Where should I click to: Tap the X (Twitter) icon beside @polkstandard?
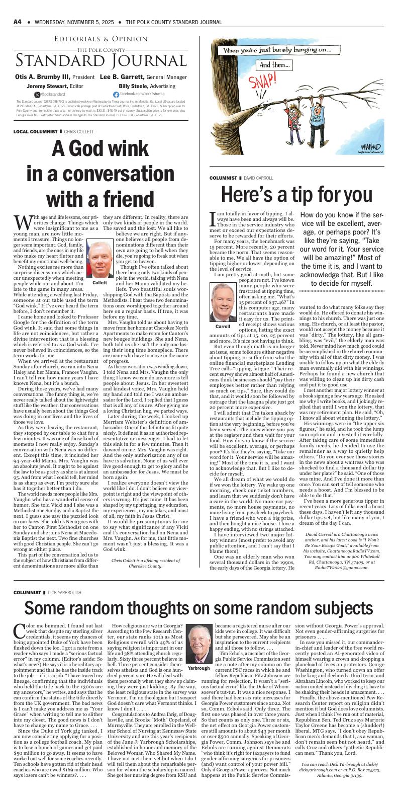(37, 95)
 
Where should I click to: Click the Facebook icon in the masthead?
(116, 95)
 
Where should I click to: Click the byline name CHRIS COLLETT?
(79, 131)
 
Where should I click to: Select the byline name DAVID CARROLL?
(259, 178)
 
